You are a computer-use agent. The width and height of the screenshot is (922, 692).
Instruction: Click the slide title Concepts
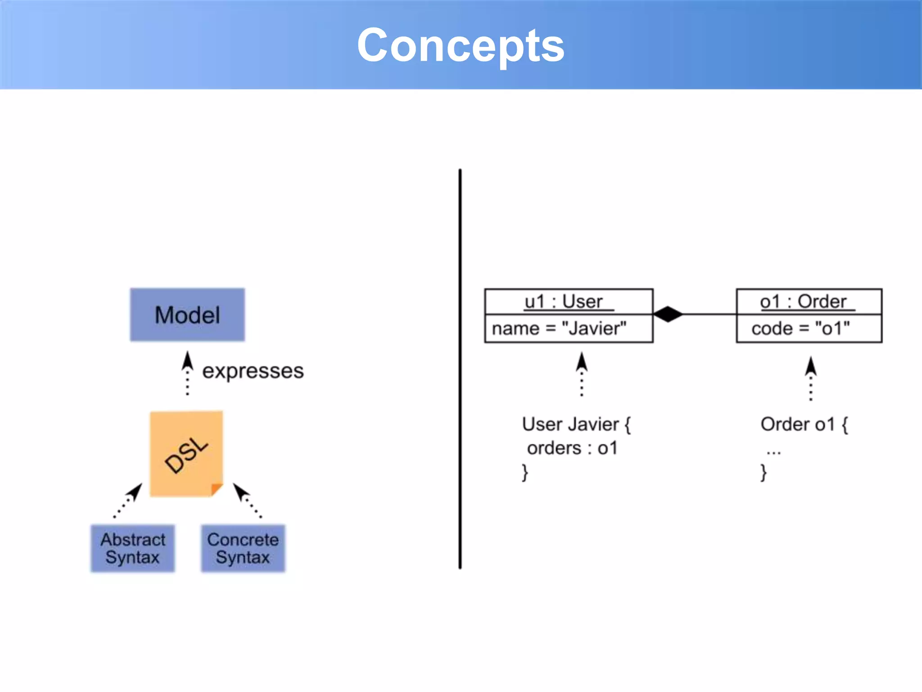click(461, 45)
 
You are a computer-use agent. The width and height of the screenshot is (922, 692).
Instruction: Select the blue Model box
click(187, 314)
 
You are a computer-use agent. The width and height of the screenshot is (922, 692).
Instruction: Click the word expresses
click(253, 371)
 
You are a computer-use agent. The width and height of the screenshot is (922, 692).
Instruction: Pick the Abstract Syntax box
click(132, 548)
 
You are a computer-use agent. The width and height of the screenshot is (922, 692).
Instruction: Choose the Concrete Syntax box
click(243, 548)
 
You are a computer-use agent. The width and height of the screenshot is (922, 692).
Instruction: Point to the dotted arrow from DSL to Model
click(188, 374)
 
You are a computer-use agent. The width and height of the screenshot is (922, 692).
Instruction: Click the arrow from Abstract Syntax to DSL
click(128, 501)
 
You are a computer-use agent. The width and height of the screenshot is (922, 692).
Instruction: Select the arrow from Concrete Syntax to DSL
click(247, 501)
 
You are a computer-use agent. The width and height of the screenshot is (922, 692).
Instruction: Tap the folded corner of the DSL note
click(216, 489)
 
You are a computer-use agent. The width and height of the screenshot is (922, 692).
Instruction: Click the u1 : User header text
click(564, 301)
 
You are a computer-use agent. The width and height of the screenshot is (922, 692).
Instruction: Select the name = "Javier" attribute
click(559, 328)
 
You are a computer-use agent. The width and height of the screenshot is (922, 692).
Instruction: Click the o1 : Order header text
click(803, 301)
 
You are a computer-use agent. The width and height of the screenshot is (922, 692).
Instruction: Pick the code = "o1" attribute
click(800, 328)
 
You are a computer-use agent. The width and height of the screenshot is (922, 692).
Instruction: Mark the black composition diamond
click(668, 314)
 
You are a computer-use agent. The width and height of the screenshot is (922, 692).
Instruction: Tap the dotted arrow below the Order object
click(811, 378)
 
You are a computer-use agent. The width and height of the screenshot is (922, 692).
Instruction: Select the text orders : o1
click(572, 448)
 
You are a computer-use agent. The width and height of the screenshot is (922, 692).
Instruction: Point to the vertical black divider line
click(460, 369)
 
